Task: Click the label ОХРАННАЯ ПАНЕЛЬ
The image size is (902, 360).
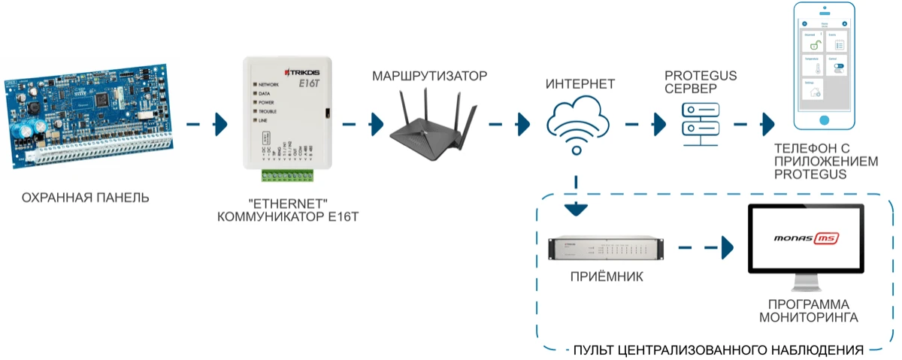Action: tap(86, 198)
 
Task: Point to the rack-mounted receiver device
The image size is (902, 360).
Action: tap(606, 248)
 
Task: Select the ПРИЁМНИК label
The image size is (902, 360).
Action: tap(606, 277)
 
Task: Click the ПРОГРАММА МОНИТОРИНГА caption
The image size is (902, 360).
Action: tap(808, 310)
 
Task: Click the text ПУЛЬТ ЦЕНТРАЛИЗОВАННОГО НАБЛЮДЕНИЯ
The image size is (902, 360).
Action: tap(718, 349)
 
